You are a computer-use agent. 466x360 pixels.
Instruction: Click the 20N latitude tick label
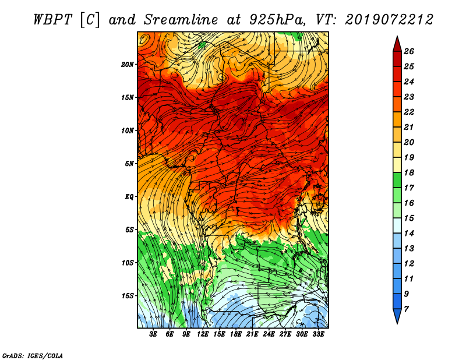point(127,65)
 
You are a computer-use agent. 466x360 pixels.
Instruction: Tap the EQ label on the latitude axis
point(129,197)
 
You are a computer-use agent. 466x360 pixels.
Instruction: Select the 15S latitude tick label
point(127,296)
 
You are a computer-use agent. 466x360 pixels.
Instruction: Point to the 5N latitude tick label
point(129,164)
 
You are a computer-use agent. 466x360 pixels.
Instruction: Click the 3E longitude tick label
point(153,334)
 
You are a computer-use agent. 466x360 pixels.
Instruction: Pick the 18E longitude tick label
point(235,334)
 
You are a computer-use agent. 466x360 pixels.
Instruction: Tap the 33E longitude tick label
point(318,334)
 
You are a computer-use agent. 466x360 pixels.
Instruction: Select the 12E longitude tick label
point(202,334)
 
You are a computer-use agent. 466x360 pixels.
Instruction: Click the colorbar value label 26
point(409,51)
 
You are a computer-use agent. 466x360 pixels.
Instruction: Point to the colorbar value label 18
point(409,172)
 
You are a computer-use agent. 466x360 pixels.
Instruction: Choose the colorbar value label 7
point(406,309)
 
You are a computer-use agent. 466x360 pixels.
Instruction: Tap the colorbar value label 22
point(409,112)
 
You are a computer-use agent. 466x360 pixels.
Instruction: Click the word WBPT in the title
point(53,20)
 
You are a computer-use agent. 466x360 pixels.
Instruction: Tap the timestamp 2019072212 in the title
point(389,20)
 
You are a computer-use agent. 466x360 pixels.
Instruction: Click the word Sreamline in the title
point(181,20)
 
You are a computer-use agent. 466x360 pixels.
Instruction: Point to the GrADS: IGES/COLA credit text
point(33,355)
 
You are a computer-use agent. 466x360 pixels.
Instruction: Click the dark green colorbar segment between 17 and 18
point(397,180)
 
